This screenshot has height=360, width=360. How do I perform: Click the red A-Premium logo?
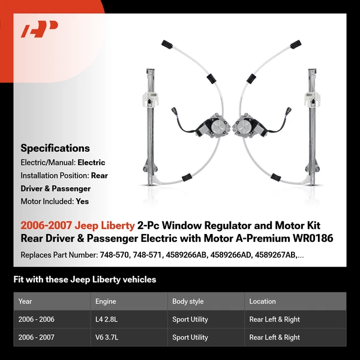coord(40,29)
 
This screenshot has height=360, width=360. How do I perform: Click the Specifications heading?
coord(55,148)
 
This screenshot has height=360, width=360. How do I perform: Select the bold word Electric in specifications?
coord(91,163)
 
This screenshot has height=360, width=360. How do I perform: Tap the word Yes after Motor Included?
coord(82,202)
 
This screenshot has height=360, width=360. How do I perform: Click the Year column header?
coord(25,301)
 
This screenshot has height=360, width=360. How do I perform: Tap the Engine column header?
coord(106,301)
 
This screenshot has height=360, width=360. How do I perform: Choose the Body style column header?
coord(188,301)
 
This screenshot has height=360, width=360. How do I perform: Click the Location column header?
coord(262,301)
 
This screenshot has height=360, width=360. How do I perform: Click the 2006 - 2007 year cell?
coord(37,338)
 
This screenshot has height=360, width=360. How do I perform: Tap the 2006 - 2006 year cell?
coord(37,320)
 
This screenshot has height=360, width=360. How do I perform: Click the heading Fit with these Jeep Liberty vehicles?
coord(85,280)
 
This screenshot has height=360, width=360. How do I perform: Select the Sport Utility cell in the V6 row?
coord(190,338)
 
